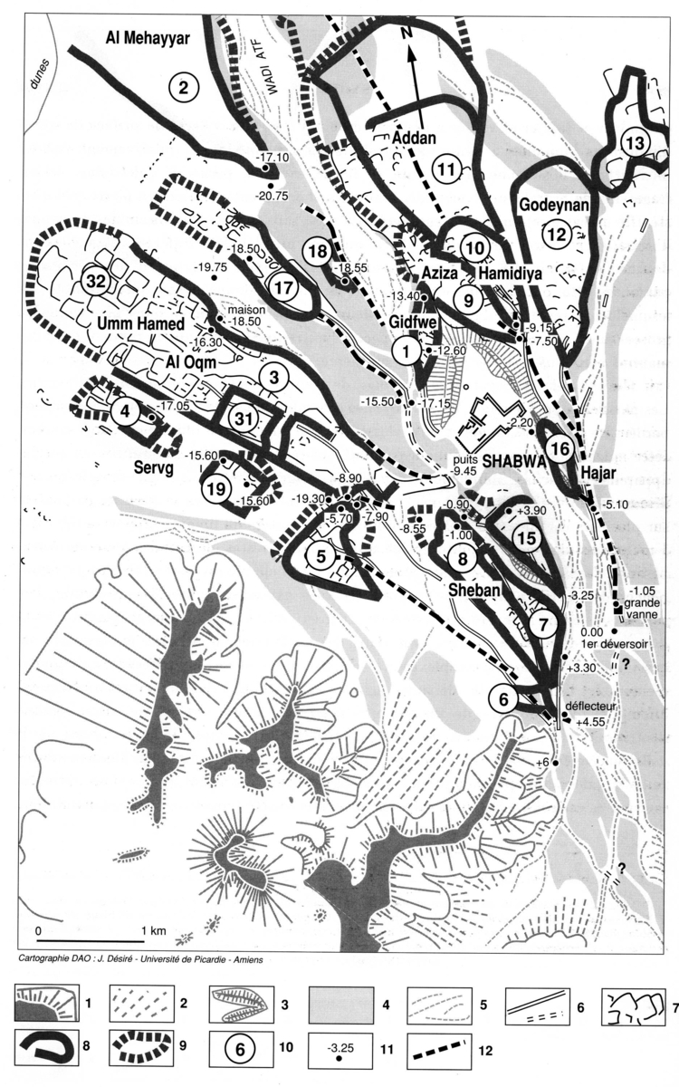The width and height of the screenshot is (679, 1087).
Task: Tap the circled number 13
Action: point(636,143)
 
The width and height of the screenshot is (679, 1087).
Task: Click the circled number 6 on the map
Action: point(504,698)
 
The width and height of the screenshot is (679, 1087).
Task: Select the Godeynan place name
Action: point(555,207)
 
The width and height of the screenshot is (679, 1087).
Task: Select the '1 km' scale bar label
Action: point(150,931)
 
